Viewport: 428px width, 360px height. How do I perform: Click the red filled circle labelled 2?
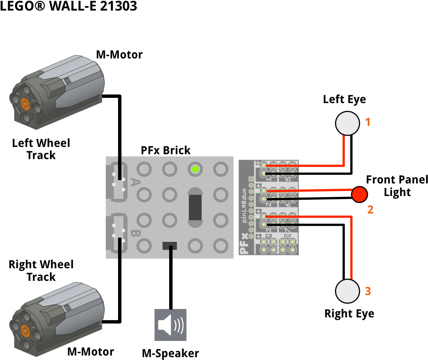[359, 194]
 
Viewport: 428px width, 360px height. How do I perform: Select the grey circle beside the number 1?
[348, 123]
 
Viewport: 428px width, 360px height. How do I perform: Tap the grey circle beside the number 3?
[348, 291]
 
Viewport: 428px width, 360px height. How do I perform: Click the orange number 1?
[368, 122]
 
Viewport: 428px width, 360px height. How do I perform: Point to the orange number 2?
[370, 210]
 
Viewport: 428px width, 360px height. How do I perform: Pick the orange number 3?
[368, 291]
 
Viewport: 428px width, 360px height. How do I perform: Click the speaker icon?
[170, 325]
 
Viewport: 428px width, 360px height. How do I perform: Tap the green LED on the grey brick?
[195, 169]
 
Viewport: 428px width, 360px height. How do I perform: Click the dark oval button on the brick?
[195, 207]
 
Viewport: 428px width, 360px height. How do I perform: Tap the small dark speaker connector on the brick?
[170, 246]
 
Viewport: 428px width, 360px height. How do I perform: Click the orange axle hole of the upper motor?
[25, 104]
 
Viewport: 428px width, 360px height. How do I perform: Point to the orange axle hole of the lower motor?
[25, 331]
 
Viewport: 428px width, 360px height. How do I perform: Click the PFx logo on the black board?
[244, 244]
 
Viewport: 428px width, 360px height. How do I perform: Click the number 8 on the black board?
[288, 236]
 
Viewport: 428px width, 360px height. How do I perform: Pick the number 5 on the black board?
[288, 179]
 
